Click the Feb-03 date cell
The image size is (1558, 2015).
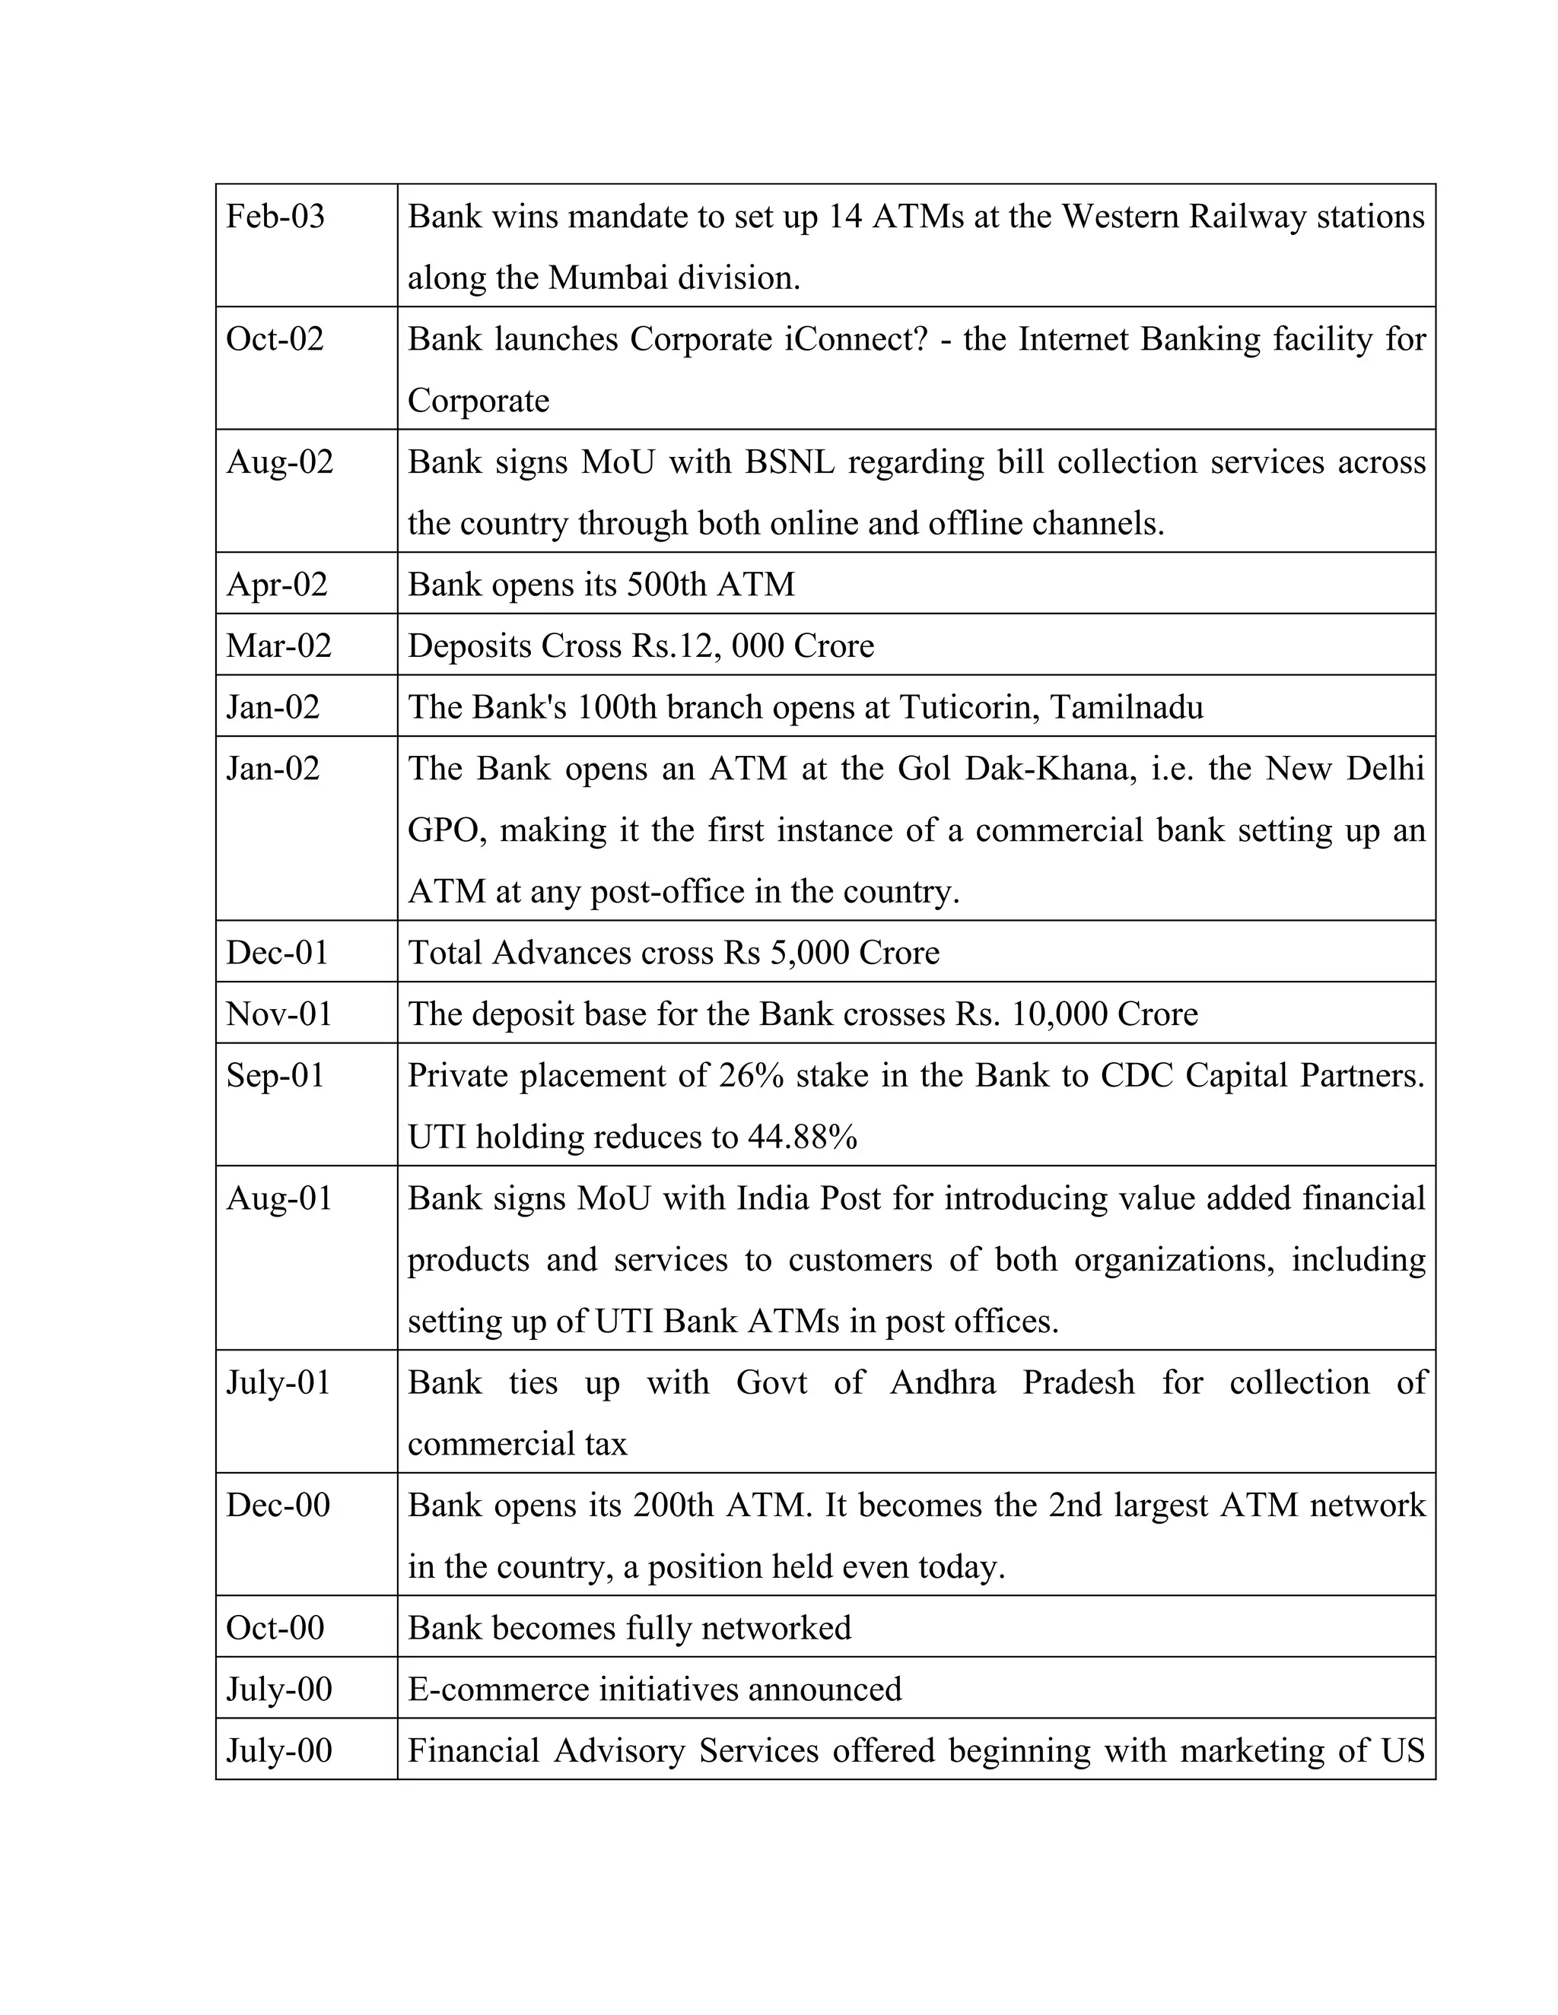275,217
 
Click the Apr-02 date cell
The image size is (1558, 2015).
277,585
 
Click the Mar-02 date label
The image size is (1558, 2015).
278,646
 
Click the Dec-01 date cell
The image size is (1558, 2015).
277,953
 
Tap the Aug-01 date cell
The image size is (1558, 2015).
278,1198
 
